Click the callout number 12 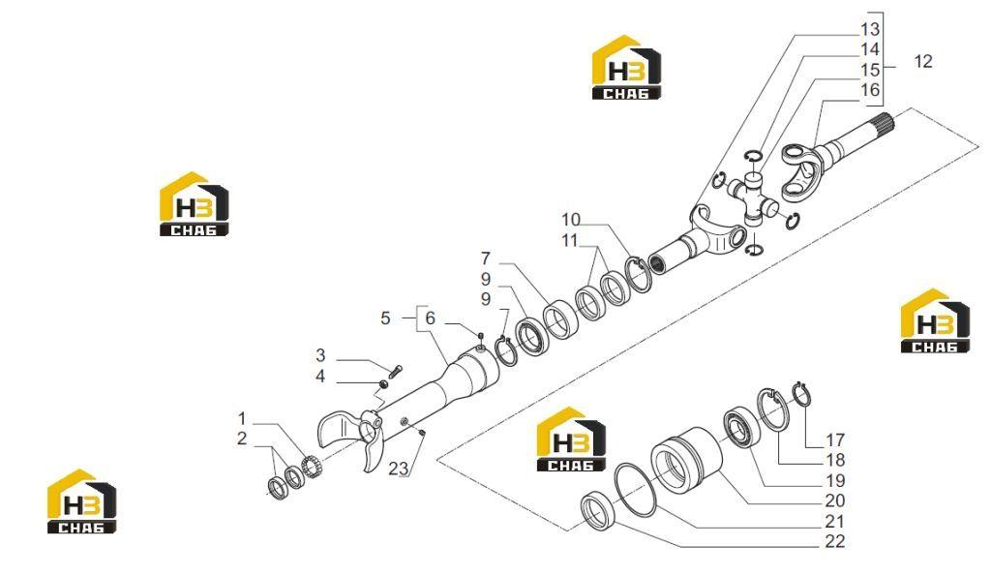922,61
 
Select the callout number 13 870,29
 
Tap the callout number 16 870,90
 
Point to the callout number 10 571,220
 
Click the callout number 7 486,258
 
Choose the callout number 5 385,318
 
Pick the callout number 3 320,355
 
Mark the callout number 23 399,469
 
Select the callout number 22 835,541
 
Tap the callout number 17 835,440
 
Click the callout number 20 835,500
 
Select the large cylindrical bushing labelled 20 687,458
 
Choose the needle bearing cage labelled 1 310,467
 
